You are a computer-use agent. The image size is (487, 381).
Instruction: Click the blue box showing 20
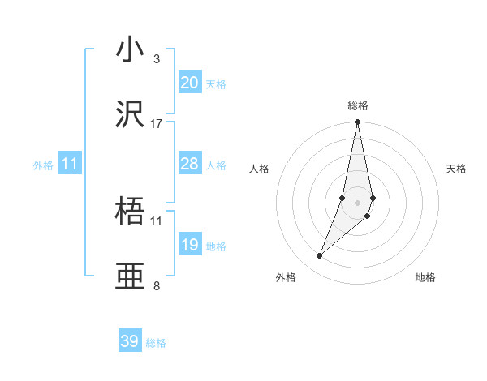coord(190,83)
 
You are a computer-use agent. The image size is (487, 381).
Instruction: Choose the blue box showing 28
coord(190,164)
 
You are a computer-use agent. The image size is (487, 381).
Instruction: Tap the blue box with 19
coord(190,245)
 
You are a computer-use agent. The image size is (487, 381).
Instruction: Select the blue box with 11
coord(70,164)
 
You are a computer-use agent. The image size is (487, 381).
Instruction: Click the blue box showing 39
coord(130,341)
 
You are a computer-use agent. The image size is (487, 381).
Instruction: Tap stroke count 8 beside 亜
coord(156,285)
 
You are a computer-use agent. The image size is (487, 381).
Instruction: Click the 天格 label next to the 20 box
coord(216,84)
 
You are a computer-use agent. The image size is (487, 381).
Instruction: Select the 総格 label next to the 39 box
coord(156,343)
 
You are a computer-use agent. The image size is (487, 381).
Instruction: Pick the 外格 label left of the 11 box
coord(43,165)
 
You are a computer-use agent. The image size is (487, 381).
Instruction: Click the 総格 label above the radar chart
coord(358,105)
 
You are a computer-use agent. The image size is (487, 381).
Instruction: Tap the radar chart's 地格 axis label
coord(425,277)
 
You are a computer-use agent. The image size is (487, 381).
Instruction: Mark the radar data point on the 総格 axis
coord(357,122)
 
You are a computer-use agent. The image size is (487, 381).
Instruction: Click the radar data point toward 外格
coord(320,256)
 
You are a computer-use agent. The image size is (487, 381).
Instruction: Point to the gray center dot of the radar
coord(357,202)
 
